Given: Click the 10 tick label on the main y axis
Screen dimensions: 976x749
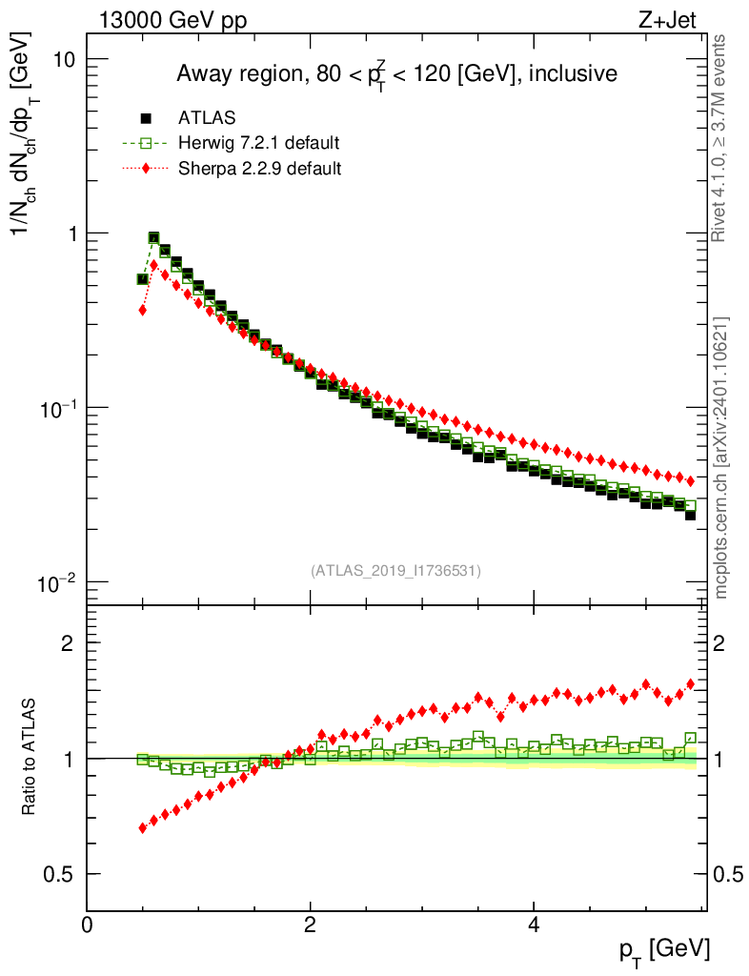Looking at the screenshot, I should pyautogui.click(x=63, y=59).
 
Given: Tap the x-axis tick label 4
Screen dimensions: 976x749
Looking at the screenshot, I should pyautogui.click(x=534, y=925).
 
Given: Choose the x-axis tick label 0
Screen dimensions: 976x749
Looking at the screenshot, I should pyautogui.click(x=87, y=925).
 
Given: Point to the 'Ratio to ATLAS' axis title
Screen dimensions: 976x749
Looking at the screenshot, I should pyautogui.click(x=29, y=758).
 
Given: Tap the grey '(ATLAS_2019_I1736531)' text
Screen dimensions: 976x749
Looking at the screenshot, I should pyautogui.click(x=395, y=571).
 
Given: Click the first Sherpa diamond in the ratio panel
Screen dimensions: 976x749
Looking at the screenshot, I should pyautogui.click(x=143, y=827).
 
